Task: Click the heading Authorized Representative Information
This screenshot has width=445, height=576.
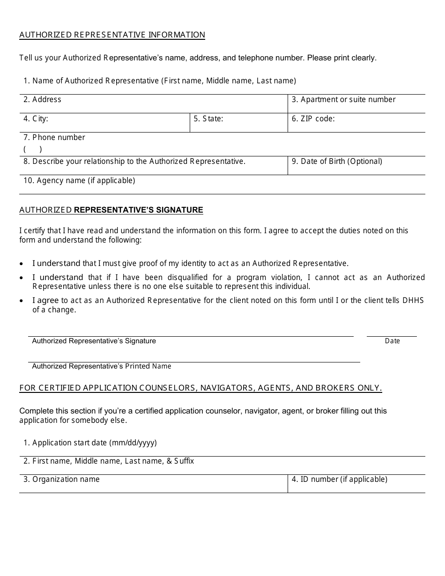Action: (x=112, y=35)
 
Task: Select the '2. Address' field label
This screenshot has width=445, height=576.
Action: (x=42, y=99)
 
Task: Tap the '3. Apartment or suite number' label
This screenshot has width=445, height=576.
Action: (x=343, y=99)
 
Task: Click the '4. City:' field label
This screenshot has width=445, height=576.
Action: (x=36, y=118)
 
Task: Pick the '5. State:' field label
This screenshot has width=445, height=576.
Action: (x=208, y=118)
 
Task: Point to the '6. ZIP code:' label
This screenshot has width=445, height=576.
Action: (x=313, y=118)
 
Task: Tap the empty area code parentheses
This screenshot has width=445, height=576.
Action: (x=33, y=149)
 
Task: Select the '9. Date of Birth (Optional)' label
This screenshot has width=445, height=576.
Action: (x=337, y=161)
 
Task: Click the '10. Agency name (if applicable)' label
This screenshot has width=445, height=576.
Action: (x=79, y=180)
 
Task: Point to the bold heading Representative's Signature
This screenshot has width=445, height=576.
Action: (x=139, y=210)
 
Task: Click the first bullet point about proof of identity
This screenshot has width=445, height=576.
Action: (x=190, y=263)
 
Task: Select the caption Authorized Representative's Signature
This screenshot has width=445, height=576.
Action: (x=94, y=341)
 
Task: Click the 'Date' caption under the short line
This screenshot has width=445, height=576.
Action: (x=392, y=341)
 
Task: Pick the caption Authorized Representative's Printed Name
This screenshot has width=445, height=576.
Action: (x=102, y=366)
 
